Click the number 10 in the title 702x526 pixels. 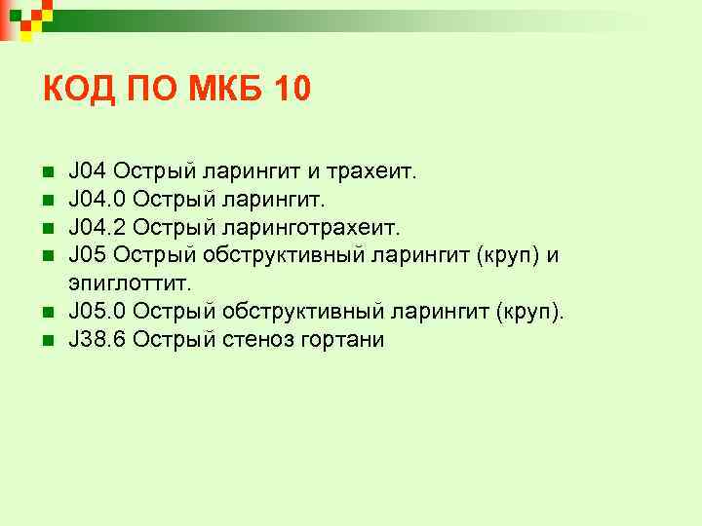tap(291, 90)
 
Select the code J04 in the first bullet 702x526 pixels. tap(87, 172)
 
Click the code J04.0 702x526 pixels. tap(97, 200)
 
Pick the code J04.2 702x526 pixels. tap(97, 228)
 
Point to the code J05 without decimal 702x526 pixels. tap(87, 255)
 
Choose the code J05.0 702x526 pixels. tap(97, 312)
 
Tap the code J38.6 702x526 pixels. tap(97, 340)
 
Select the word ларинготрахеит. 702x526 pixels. tap(317, 228)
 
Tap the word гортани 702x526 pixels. tap(348, 340)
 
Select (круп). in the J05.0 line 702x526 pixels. tap(530, 312)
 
